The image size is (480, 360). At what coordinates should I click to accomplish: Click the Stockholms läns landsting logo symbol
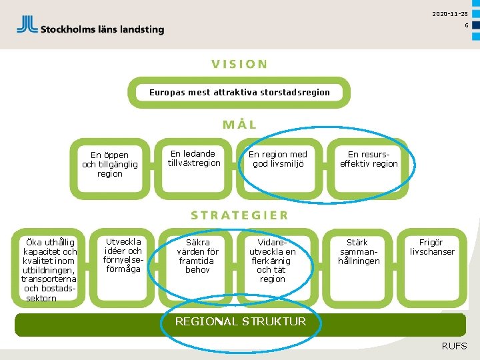point(27,25)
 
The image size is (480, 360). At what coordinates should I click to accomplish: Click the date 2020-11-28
point(449,14)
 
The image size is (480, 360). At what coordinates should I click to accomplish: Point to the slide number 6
point(467,25)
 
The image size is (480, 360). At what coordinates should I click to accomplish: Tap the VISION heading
point(240,65)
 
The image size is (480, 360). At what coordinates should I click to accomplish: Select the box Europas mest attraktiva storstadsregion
point(239,92)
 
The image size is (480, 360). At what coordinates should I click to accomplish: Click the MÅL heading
point(240,125)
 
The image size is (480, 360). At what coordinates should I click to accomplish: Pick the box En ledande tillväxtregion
point(194,159)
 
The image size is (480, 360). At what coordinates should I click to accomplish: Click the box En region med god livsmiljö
point(278,159)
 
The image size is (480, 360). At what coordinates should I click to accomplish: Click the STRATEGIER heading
point(240,215)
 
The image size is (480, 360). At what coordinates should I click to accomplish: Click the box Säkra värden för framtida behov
point(197,256)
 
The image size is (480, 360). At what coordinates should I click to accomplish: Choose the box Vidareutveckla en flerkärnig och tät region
point(272,261)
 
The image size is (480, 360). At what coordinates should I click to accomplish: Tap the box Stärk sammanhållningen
point(359,252)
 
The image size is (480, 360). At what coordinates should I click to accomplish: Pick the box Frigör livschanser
point(432,247)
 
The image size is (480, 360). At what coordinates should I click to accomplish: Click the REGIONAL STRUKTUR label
point(240,322)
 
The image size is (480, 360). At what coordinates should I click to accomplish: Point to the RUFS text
point(454,346)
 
